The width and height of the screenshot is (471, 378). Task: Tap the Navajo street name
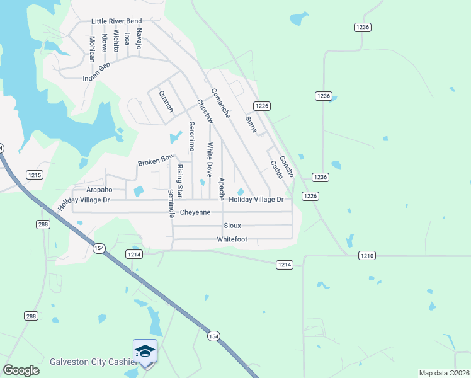139,38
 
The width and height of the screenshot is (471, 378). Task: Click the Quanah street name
166,101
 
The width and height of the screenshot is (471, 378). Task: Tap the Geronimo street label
192,136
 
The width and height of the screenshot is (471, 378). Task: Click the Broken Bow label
156,159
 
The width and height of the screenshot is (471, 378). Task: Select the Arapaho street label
99,189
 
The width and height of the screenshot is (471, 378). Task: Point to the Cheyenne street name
195,212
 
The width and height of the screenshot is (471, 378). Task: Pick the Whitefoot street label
232,239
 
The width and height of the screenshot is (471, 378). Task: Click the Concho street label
287,166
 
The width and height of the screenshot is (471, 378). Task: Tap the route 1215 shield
34,175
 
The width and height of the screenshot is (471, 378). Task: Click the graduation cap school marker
145,351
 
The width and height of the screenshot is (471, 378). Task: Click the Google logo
21,370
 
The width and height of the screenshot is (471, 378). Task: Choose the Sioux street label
232,226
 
